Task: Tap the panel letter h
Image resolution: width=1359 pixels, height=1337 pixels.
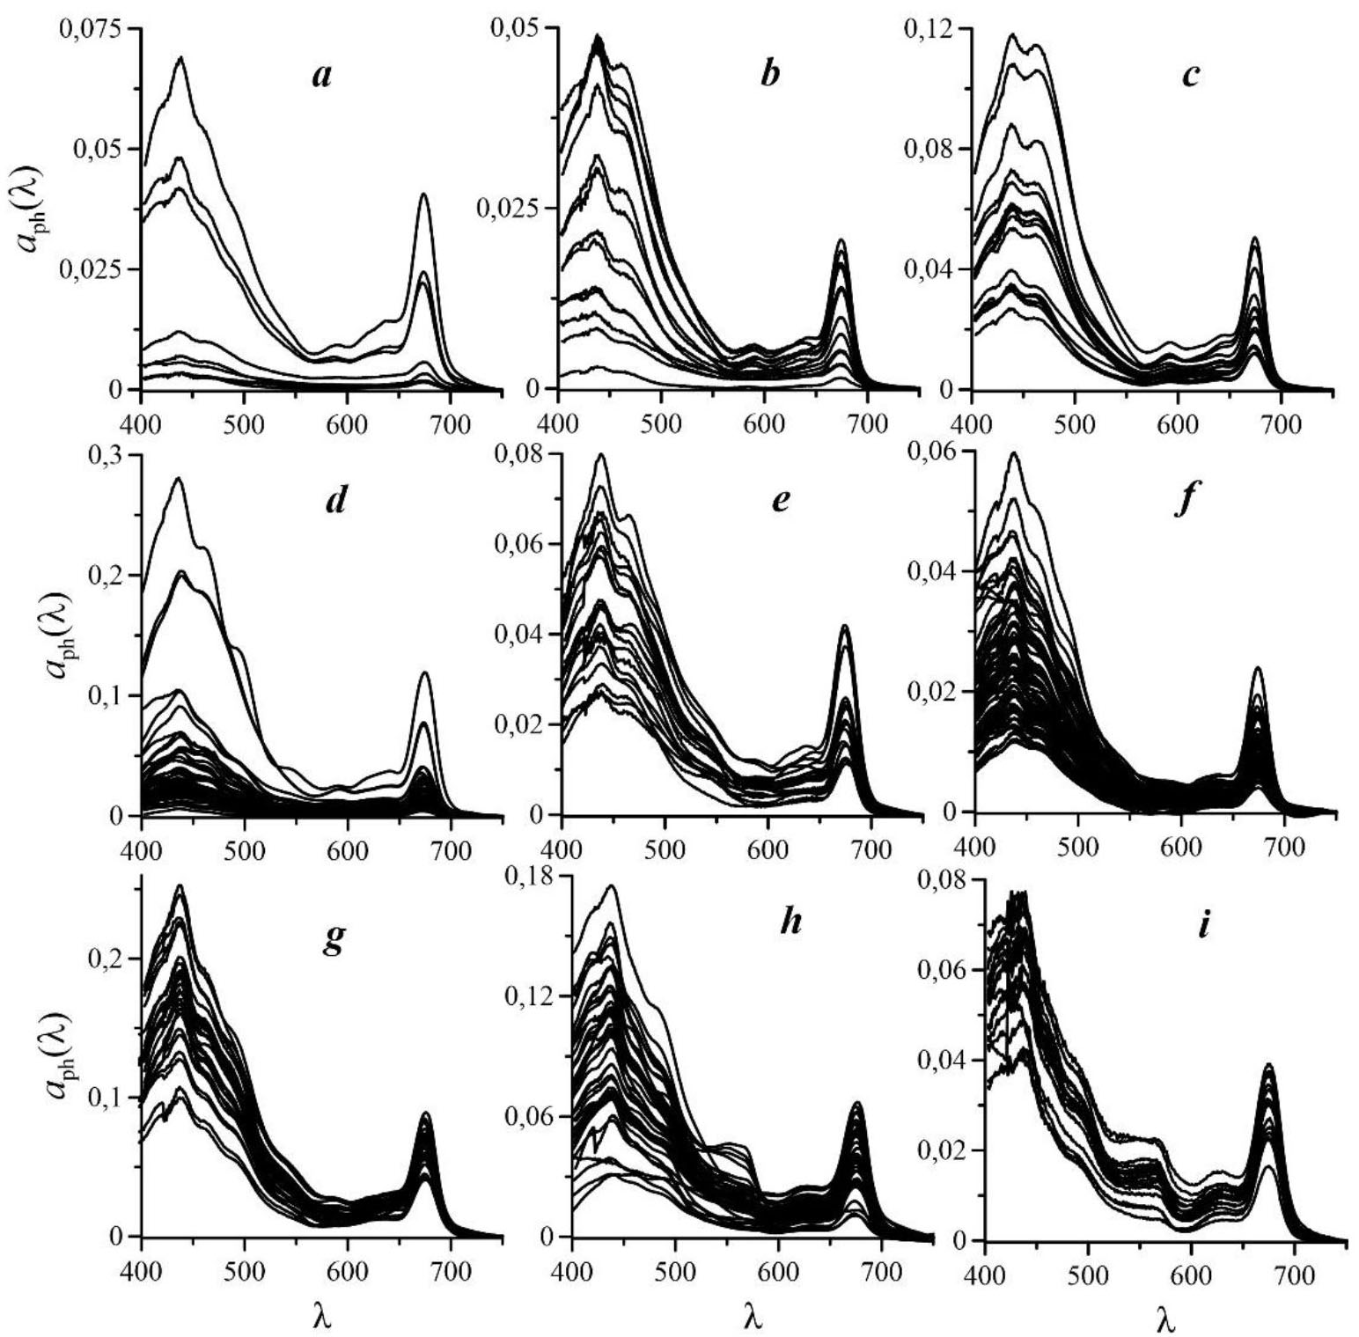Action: tap(790, 924)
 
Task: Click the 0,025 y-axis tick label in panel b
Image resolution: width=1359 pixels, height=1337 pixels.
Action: tap(508, 209)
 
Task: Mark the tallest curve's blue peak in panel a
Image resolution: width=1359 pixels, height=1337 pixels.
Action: tap(182, 57)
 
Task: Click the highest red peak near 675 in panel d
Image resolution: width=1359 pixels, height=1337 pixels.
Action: tap(425, 673)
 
